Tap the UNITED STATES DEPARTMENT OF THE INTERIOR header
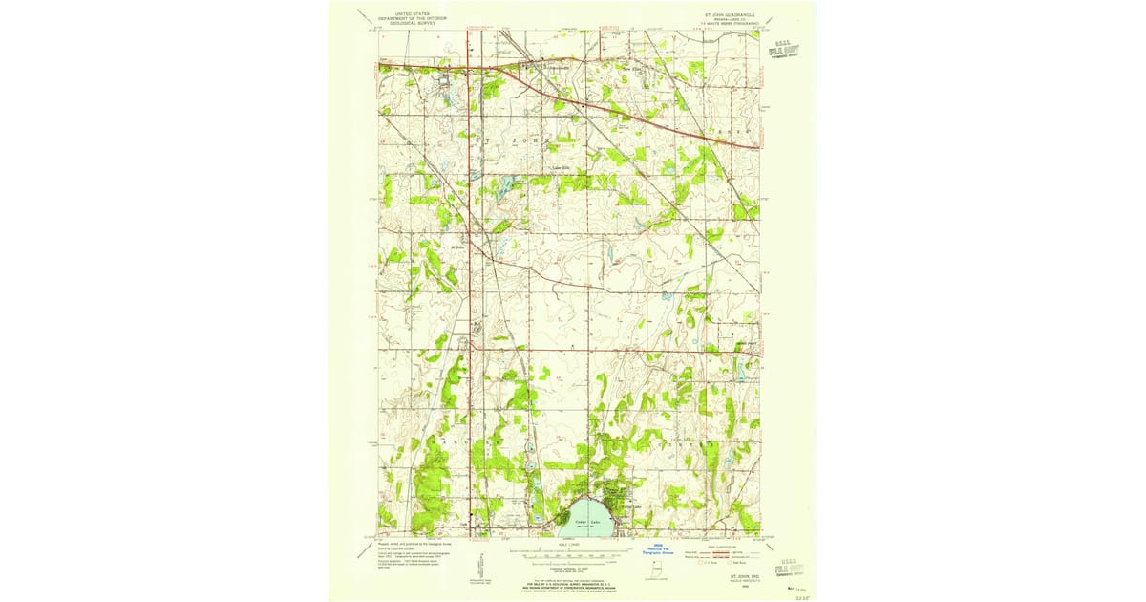tap(412, 17)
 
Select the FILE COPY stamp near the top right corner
tap(786, 51)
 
